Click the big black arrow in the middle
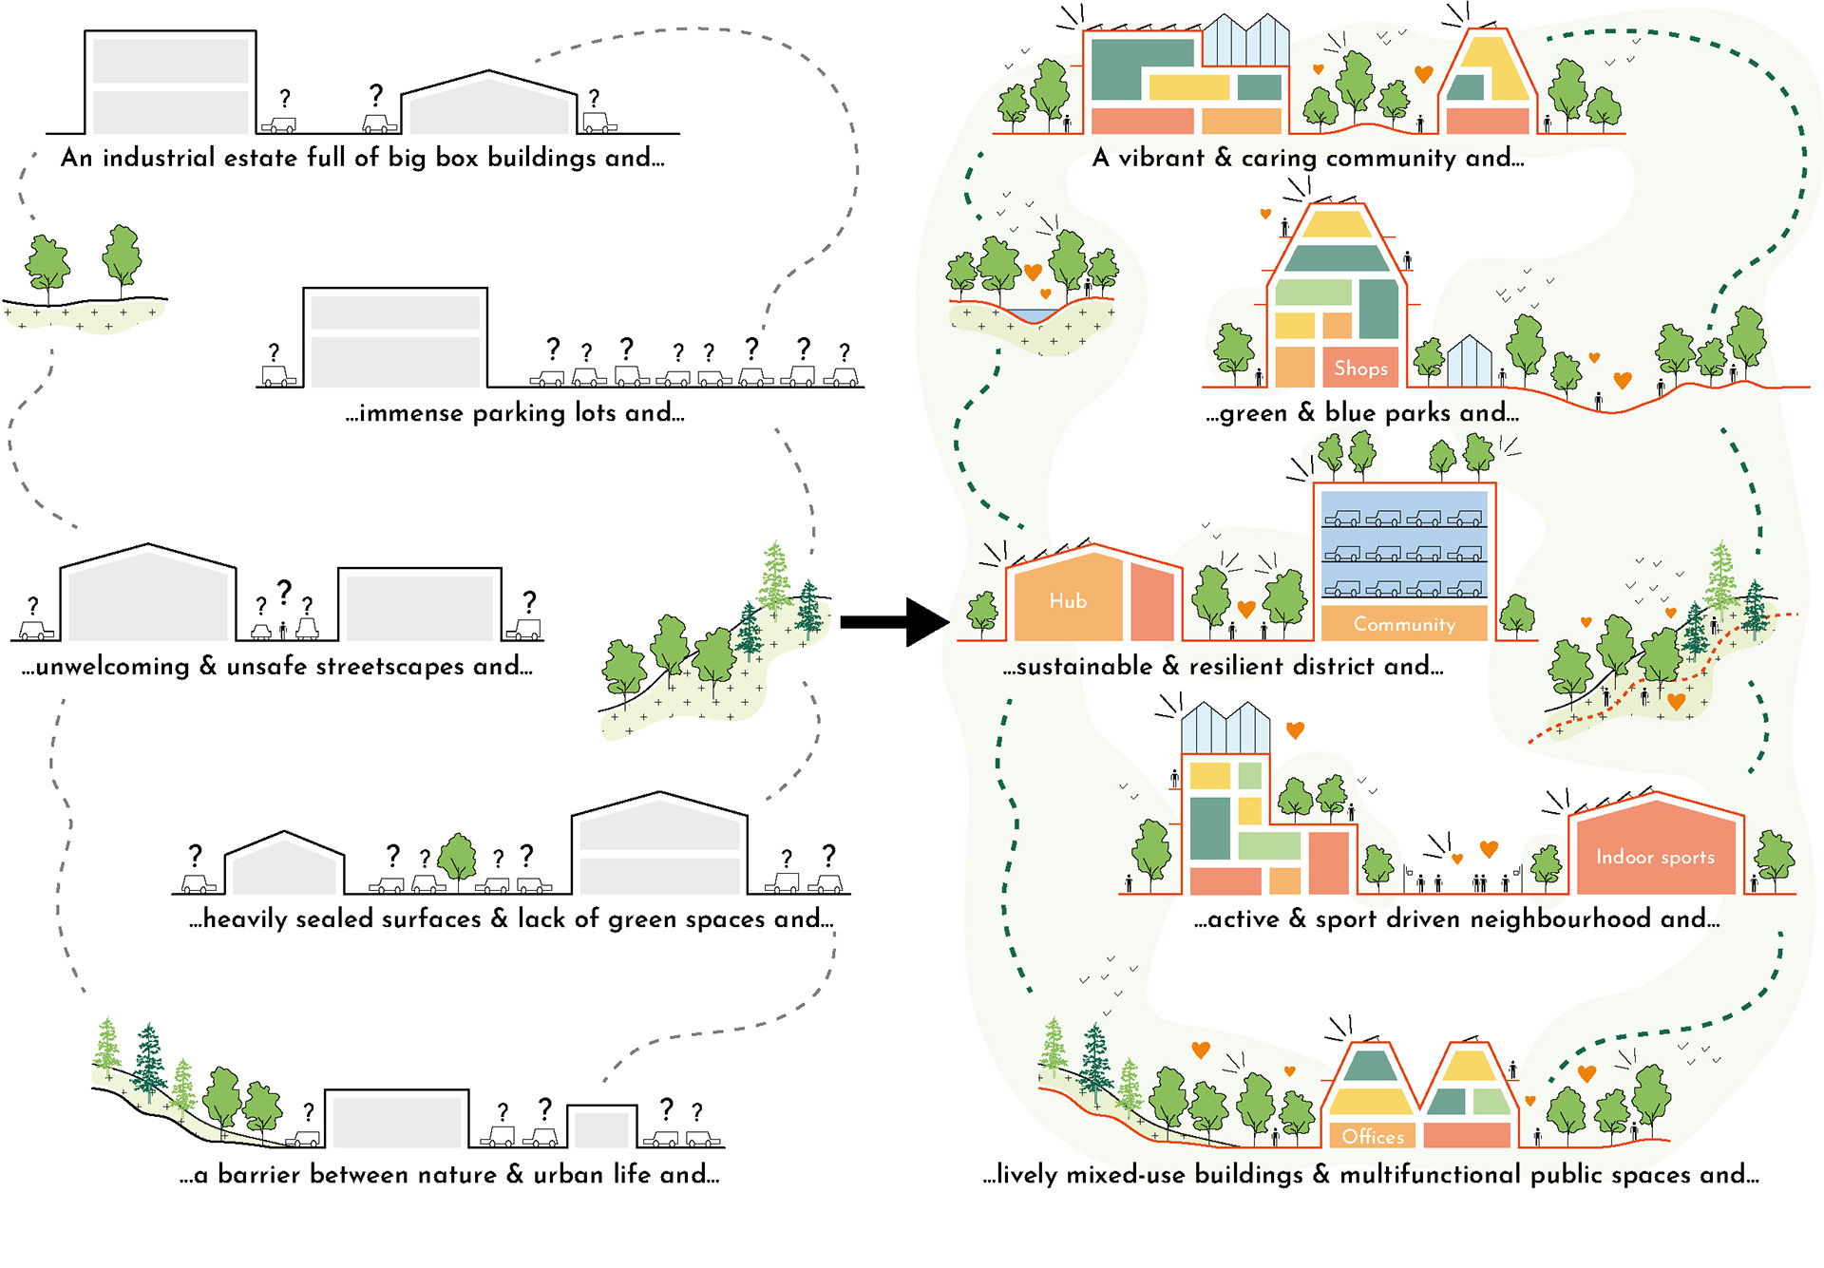coord(893,622)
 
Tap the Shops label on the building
coord(1360,369)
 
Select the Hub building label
coord(1068,601)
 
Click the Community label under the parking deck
coord(1404,624)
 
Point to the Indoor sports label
coord(1655,857)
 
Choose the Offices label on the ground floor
coord(1373,1136)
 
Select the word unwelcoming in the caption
coord(113,667)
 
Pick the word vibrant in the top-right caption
coord(1161,158)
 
